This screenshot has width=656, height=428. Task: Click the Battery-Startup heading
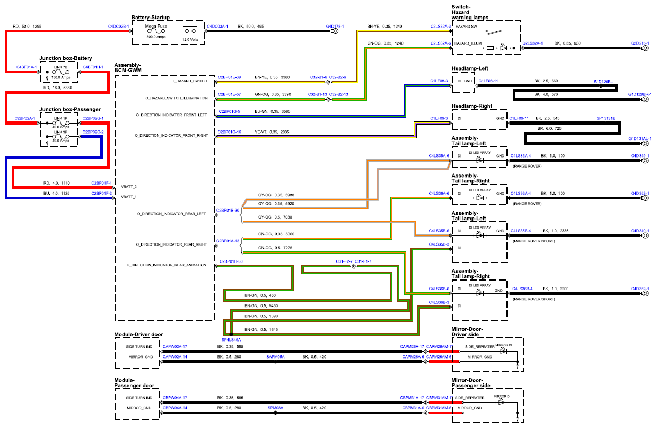[151, 18]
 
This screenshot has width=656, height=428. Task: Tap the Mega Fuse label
[156, 26]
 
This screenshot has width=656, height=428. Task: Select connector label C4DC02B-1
[119, 27]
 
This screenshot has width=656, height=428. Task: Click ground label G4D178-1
[335, 27]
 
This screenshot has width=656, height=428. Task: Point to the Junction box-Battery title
[66, 58]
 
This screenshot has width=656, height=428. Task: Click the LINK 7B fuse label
[60, 67]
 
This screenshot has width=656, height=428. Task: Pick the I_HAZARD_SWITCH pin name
[190, 81]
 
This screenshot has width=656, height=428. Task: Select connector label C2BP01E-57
[229, 94]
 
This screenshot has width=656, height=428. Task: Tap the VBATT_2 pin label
[129, 187]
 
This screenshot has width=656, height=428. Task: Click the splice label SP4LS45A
[231, 340]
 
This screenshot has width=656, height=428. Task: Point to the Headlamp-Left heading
[470, 68]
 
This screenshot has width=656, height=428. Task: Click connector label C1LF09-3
[439, 118]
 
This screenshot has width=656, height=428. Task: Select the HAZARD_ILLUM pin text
[468, 43]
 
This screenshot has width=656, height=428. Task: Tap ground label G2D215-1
[640, 43]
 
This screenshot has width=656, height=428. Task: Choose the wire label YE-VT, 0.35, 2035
[272, 132]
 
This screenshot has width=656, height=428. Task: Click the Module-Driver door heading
[138, 334]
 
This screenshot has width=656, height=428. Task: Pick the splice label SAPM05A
[275, 357]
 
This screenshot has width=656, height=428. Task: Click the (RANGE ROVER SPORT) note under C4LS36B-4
[534, 299]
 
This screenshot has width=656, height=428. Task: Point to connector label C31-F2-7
[344, 261]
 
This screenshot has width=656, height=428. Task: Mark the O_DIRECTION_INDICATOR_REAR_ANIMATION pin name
[167, 265]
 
